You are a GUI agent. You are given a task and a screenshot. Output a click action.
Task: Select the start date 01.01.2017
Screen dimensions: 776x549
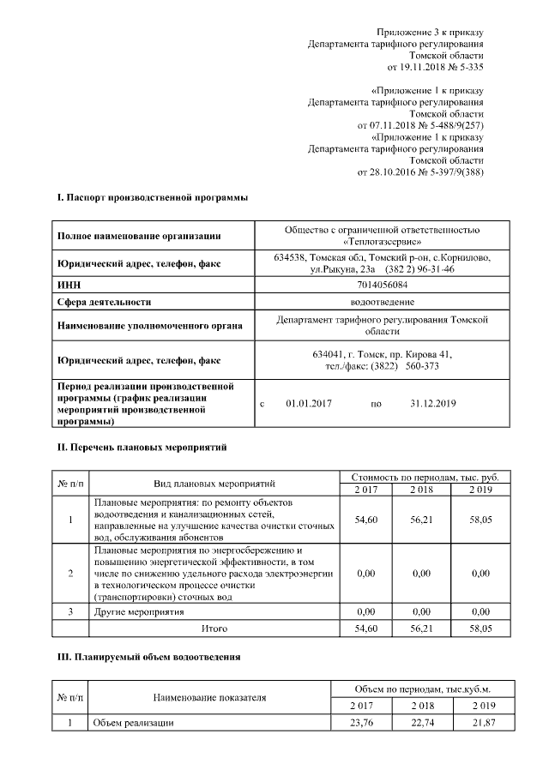click(308, 403)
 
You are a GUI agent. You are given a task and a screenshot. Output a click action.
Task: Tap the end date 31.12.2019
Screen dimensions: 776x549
click(432, 403)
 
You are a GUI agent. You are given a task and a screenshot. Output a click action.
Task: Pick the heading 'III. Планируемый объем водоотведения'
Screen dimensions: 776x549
click(148, 656)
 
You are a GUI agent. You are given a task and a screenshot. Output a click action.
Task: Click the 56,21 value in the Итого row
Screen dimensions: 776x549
click(420, 629)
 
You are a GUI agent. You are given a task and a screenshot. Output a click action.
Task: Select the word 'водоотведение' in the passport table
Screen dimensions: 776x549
click(382, 302)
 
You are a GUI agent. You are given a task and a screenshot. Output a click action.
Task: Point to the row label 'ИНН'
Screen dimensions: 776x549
click(68, 285)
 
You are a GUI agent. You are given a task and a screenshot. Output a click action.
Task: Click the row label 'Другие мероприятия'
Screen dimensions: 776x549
click(138, 612)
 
